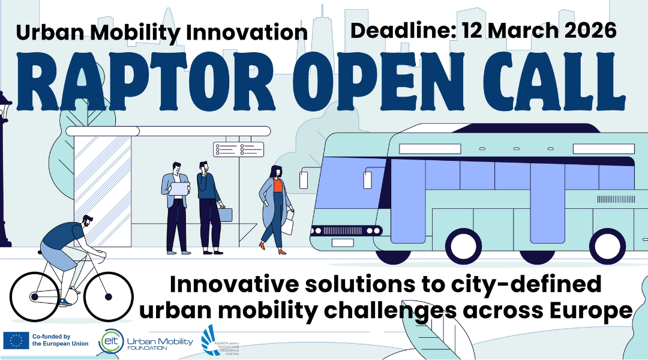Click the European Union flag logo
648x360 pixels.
pos(16,340)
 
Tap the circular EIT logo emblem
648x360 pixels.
pos(110,340)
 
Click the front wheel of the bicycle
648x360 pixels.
pos(108,296)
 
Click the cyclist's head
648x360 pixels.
pos(86,221)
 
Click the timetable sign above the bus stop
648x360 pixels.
pos(238,149)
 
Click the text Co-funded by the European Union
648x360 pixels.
pos(60,340)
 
